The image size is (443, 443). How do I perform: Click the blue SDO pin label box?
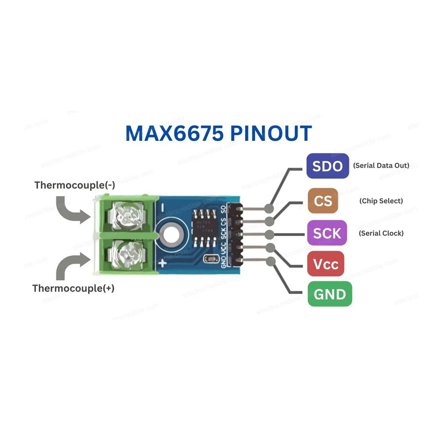click(x=327, y=166)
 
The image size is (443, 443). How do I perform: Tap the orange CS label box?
click(x=323, y=201)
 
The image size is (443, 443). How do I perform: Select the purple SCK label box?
click(x=327, y=233)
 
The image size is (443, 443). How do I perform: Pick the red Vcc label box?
click(x=326, y=264)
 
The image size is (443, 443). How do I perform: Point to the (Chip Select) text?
click(x=381, y=201)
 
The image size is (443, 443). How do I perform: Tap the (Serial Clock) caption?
click(x=381, y=233)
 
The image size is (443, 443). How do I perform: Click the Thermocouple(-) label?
click(x=75, y=185)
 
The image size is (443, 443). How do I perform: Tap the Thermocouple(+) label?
click(x=74, y=288)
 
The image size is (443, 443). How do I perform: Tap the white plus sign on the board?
click(x=163, y=264)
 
